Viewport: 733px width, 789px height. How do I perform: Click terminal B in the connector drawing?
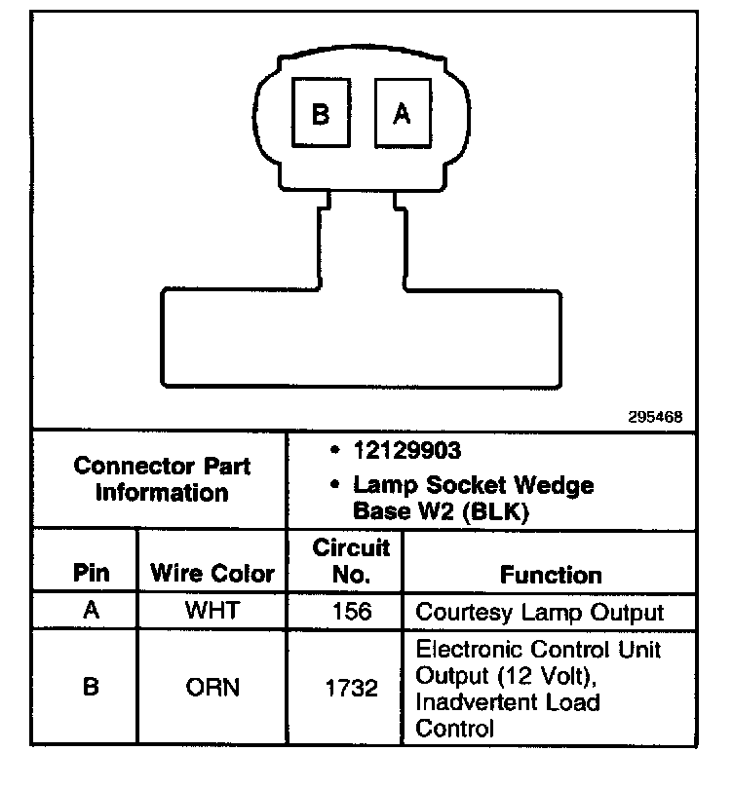click(x=320, y=114)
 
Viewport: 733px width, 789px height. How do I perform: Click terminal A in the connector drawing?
click(x=401, y=114)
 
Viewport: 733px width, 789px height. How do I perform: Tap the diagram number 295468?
click(x=656, y=416)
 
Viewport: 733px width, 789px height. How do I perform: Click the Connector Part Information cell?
click(x=162, y=478)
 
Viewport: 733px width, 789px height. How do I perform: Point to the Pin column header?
click(x=91, y=573)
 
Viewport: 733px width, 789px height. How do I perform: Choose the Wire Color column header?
click(x=212, y=573)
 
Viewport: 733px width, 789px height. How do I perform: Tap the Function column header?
click(x=551, y=574)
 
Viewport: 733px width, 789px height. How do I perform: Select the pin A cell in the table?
click(x=91, y=612)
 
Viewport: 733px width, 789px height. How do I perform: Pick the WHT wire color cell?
click(x=212, y=613)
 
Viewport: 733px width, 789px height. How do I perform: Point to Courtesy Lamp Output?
click(x=539, y=613)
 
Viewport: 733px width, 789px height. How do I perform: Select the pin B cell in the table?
click(x=91, y=688)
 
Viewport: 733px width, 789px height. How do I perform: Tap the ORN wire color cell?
click(x=212, y=688)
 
